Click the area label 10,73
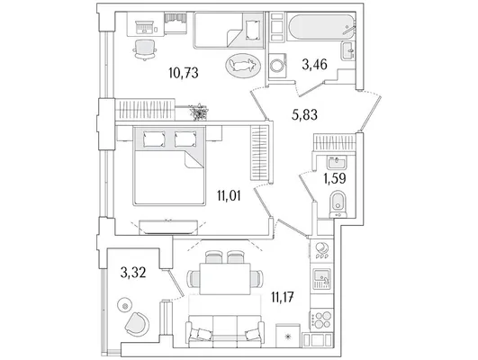click(184, 73)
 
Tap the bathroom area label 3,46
click(314, 65)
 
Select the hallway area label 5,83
click(304, 115)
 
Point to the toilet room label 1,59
click(334, 178)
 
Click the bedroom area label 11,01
click(229, 195)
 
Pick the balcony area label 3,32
click(133, 272)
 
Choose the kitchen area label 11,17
click(283, 297)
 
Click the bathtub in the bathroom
click(321, 26)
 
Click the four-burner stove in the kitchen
click(321, 319)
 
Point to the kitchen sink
click(321, 279)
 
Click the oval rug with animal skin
click(243, 65)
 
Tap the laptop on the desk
click(144, 27)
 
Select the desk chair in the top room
click(145, 49)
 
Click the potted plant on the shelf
click(198, 112)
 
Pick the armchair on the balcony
click(137, 324)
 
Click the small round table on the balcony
click(125, 305)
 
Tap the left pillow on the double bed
click(154, 139)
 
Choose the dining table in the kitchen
click(225, 279)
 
